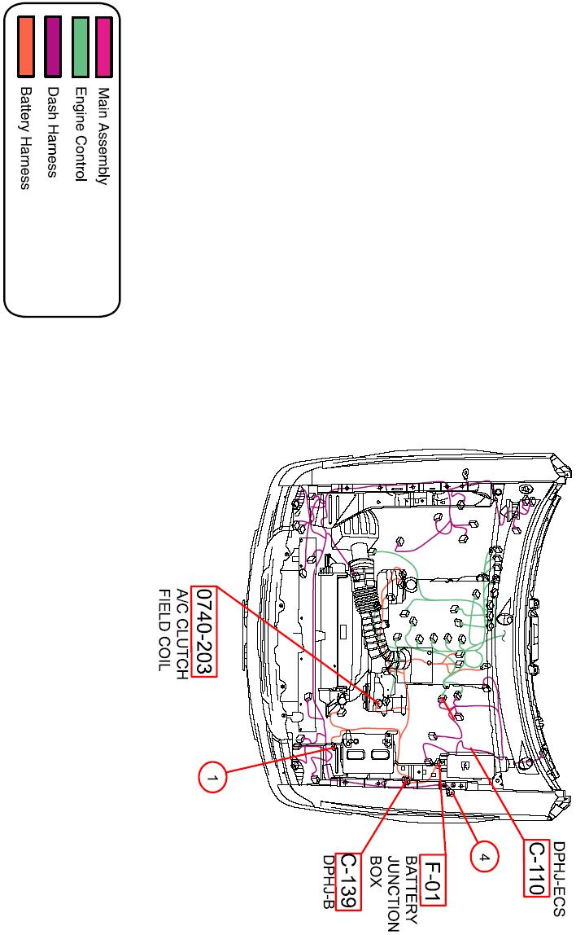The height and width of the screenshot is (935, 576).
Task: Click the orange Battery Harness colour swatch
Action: [25, 46]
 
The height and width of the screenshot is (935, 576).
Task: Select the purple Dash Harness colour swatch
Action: [53, 46]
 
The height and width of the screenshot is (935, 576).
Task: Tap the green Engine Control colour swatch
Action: [80, 46]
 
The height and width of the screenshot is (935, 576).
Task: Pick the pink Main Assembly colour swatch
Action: [103, 46]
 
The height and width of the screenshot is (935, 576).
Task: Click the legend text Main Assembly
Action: [103, 137]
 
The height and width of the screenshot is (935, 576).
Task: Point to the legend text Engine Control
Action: [81, 134]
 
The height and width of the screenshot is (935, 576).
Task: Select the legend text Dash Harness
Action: [53, 133]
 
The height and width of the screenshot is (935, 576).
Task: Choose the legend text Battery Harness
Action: [25, 138]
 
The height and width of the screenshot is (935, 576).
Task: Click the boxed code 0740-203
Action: [204, 631]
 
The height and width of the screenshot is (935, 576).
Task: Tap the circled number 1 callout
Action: [212, 777]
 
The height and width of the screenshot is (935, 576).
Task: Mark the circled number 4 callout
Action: [484, 858]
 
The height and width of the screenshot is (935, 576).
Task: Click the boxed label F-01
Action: [433, 880]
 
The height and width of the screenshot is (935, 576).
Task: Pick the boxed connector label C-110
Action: [536, 868]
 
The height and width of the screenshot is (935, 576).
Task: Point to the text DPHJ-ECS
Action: [559, 878]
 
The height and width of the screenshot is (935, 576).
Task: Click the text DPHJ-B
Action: [328, 882]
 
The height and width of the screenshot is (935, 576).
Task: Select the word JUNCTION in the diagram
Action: [393, 893]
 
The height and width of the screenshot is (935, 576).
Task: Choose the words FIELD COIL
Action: [164, 630]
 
